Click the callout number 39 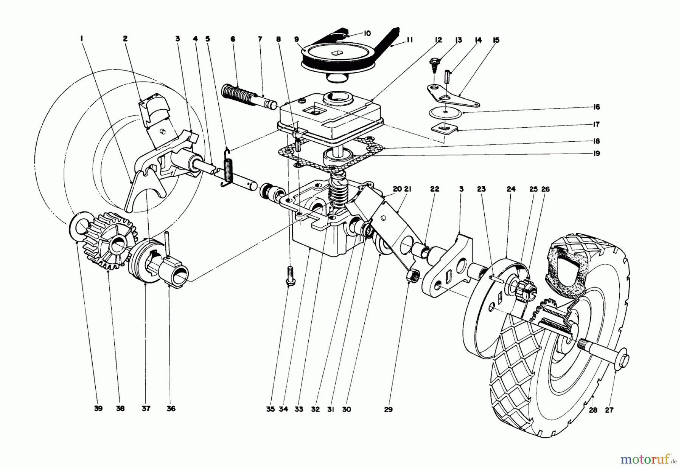98,409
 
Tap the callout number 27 609,410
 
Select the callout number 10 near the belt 367,33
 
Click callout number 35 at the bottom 270,409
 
